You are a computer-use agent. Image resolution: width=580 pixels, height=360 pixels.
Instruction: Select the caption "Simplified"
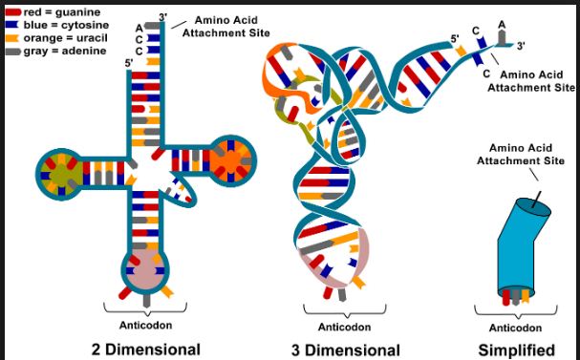coord(517,349)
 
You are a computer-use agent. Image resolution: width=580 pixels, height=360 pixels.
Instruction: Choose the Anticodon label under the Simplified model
coord(515,322)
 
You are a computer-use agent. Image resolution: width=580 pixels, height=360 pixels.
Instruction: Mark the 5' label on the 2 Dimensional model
coord(130,63)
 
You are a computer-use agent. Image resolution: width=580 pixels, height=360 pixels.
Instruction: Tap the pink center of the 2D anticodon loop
coord(144,270)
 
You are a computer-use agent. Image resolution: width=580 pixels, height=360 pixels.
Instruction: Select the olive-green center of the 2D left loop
coord(60,173)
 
